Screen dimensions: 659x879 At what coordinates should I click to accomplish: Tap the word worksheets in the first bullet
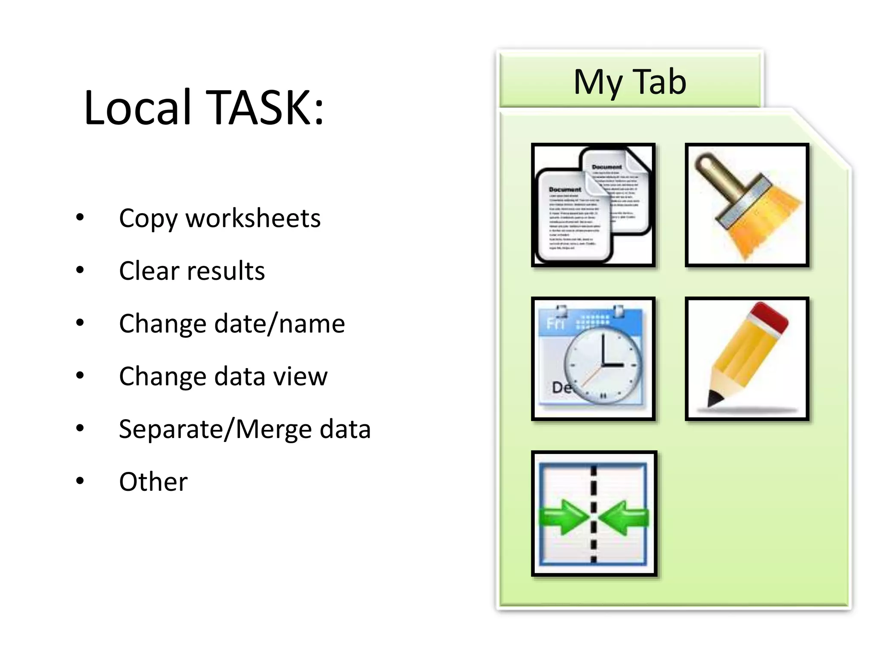253,218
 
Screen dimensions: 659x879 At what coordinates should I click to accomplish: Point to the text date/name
279,323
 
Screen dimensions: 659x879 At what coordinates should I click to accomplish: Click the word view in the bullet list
300,376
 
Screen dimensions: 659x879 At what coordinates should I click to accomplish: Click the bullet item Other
153,482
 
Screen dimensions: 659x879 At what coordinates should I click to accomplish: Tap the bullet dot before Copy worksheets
80,217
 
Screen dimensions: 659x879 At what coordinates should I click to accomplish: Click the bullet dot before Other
80,481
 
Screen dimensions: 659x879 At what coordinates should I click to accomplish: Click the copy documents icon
593,205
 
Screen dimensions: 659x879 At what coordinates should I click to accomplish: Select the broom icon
747,205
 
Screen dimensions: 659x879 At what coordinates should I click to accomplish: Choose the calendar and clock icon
593,359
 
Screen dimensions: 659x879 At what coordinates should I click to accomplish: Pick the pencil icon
747,359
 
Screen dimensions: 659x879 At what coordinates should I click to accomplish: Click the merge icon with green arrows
594,513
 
